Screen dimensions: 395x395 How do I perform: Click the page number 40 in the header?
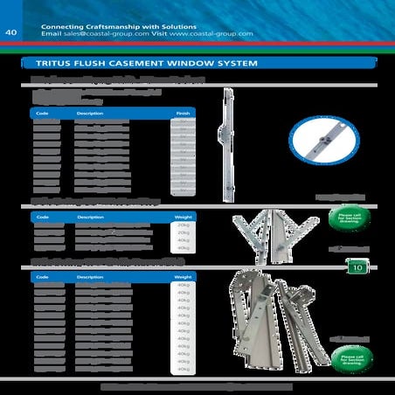click(12, 33)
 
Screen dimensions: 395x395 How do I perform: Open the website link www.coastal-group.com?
click(211, 34)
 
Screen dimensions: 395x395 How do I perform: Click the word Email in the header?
click(52, 34)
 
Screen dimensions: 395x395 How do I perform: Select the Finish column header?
click(183, 113)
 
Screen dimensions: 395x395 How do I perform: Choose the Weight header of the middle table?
click(183, 216)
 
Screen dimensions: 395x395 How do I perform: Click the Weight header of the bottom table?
click(183, 275)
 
